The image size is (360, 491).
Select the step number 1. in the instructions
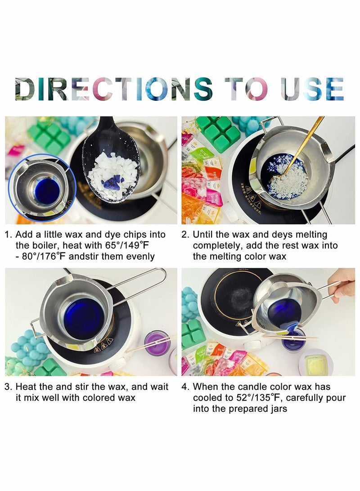(9, 234)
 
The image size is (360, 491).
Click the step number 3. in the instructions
(9, 387)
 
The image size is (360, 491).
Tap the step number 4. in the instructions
(186, 387)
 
